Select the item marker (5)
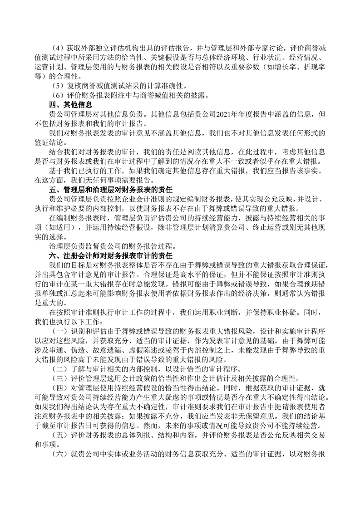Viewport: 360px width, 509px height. point(58,86)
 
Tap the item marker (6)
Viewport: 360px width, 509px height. point(58,95)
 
